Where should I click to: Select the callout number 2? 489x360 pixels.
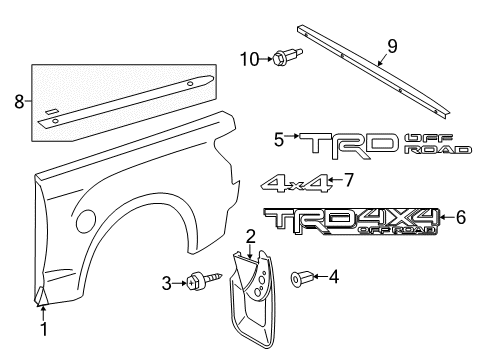coord(252,236)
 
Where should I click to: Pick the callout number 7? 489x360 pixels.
coord(348,181)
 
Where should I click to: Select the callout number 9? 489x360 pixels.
coord(392,45)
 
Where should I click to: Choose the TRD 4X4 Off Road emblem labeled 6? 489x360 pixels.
coord(350,221)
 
